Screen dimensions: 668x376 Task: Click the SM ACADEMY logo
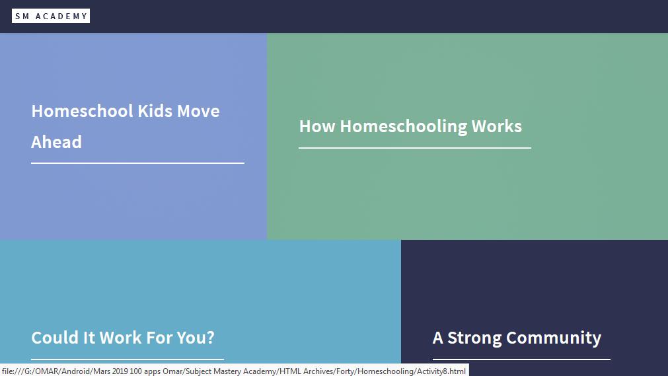tap(51, 17)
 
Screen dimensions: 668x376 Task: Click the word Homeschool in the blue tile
tap(82, 111)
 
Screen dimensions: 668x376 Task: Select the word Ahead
tap(56, 142)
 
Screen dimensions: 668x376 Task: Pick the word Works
tap(497, 126)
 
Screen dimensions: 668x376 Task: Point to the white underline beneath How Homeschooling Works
tap(415, 148)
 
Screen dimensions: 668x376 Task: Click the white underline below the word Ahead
tap(137, 163)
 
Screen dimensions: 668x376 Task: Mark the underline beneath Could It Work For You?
tap(128, 359)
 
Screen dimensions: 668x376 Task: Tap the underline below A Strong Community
tap(521, 359)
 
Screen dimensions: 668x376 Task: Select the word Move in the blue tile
tap(198, 111)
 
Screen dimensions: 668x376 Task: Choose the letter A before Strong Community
tap(438, 338)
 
